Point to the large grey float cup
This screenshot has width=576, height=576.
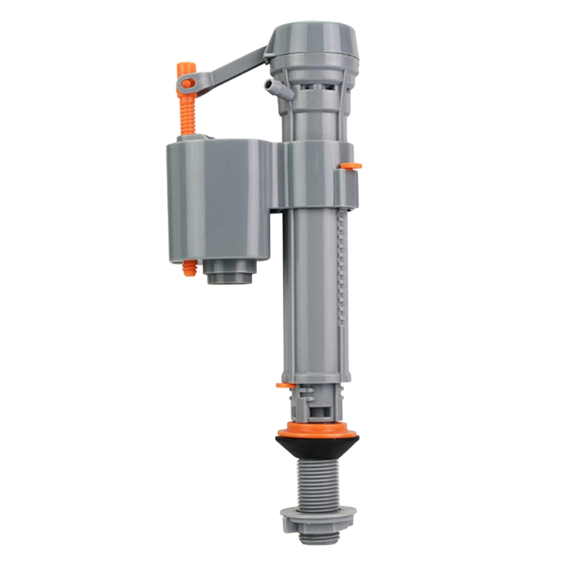[x=216, y=202]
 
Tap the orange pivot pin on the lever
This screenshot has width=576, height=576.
[x=186, y=84]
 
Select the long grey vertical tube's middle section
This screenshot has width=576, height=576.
[x=313, y=288]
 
